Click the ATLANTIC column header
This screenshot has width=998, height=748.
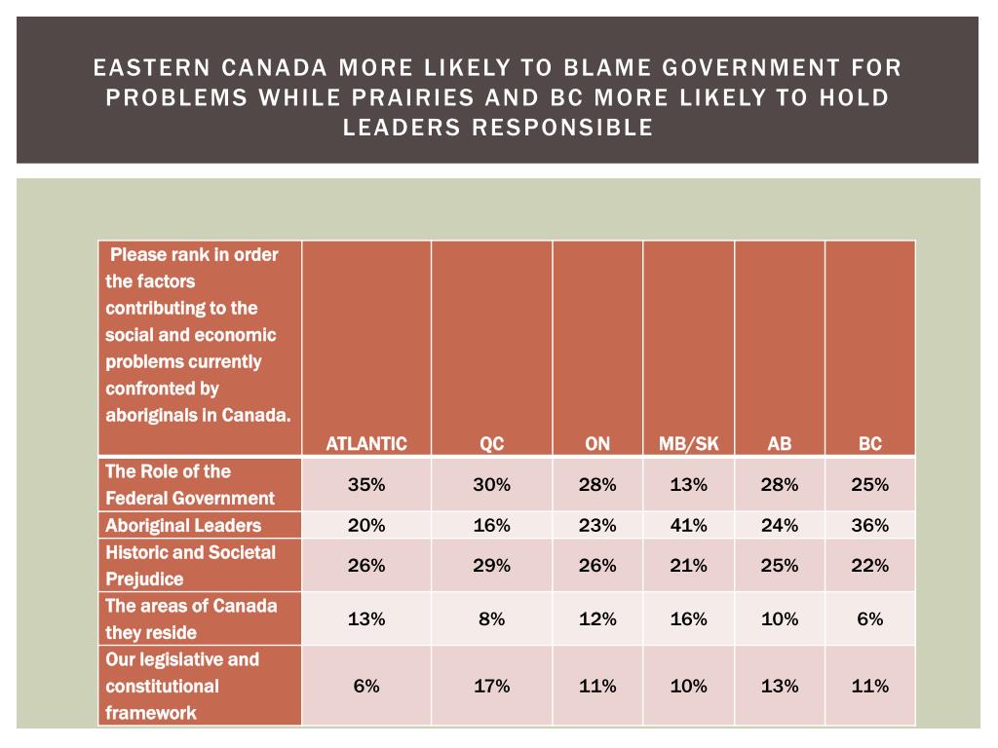tap(365, 444)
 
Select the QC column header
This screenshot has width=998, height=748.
tap(491, 444)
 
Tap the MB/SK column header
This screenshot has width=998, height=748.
tap(688, 444)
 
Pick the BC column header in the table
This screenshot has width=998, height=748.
tap(869, 444)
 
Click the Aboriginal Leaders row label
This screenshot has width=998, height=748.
tap(183, 526)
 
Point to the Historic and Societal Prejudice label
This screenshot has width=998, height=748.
tap(190, 565)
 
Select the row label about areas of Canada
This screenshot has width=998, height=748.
tap(190, 618)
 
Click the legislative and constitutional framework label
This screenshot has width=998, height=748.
tap(182, 686)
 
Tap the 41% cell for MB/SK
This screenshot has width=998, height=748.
tap(688, 526)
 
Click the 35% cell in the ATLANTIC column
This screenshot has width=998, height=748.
tap(365, 485)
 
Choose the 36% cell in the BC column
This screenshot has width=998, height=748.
tap(869, 526)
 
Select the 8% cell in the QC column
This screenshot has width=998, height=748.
tap(491, 618)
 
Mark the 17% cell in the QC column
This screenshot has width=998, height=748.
tap(491, 686)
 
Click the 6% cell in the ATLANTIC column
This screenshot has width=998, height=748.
tap(365, 686)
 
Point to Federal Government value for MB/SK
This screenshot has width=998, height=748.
tap(688, 485)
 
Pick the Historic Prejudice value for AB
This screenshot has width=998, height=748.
tap(779, 565)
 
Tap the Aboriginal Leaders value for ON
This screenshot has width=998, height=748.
tap(596, 526)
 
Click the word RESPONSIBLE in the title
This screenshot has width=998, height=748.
tap(571, 128)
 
